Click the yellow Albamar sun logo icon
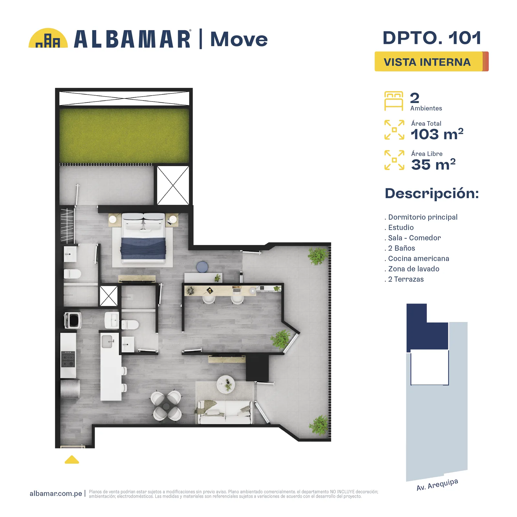click(48, 38)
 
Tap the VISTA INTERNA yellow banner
click(431, 61)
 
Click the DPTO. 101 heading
click(432, 38)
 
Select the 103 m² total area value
click(437, 134)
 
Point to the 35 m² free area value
click(433, 164)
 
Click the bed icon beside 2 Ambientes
click(394, 101)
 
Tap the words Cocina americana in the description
click(418, 258)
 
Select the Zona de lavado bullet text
click(414, 269)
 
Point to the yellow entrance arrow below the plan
click(72, 459)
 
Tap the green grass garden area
click(124, 136)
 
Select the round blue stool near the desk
click(202, 267)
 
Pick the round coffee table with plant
click(226, 384)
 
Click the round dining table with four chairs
click(166, 406)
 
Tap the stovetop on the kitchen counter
click(68, 359)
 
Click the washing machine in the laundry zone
click(73, 320)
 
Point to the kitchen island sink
click(107, 342)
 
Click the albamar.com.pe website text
click(56, 493)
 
